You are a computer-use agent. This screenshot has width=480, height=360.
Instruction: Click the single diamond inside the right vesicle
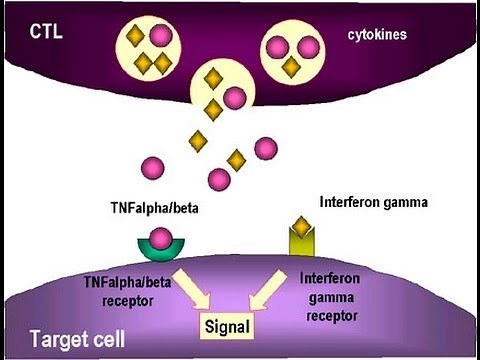(291, 66)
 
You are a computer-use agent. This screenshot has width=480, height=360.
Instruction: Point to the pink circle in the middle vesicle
(234, 97)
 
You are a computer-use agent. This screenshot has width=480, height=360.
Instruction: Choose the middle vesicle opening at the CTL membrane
(222, 90)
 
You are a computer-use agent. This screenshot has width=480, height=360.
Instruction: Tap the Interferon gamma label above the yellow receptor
(373, 201)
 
